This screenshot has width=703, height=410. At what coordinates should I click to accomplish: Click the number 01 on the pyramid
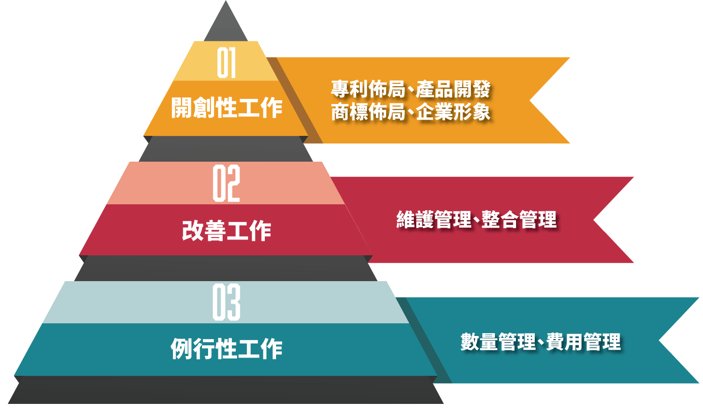(x=226, y=63)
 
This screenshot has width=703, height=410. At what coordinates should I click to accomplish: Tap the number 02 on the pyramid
(x=226, y=183)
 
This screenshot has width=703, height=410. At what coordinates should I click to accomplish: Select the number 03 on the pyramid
(x=226, y=302)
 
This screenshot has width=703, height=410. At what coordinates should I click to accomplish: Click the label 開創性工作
(x=226, y=108)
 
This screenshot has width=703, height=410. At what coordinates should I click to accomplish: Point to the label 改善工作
(x=226, y=231)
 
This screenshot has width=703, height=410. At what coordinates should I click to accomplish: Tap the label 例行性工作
(x=226, y=349)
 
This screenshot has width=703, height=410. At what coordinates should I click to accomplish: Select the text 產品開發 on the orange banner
(x=453, y=89)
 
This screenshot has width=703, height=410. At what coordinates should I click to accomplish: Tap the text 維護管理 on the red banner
(x=434, y=220)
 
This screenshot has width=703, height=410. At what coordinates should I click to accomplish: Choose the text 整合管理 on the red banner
(x=519, y=220)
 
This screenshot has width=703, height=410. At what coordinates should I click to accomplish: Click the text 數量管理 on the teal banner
(x=498, y=342)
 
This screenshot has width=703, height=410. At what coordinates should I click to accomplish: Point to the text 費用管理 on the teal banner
(x=583, y=342)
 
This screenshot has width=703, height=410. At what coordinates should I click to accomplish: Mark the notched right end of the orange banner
(x=530, y=101)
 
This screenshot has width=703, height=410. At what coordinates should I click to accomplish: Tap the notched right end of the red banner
(x=594, y=220)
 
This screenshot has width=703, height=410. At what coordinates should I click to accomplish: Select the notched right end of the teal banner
(x=659, y=340)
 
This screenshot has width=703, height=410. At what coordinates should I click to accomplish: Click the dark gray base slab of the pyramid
(x=225, y=390)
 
